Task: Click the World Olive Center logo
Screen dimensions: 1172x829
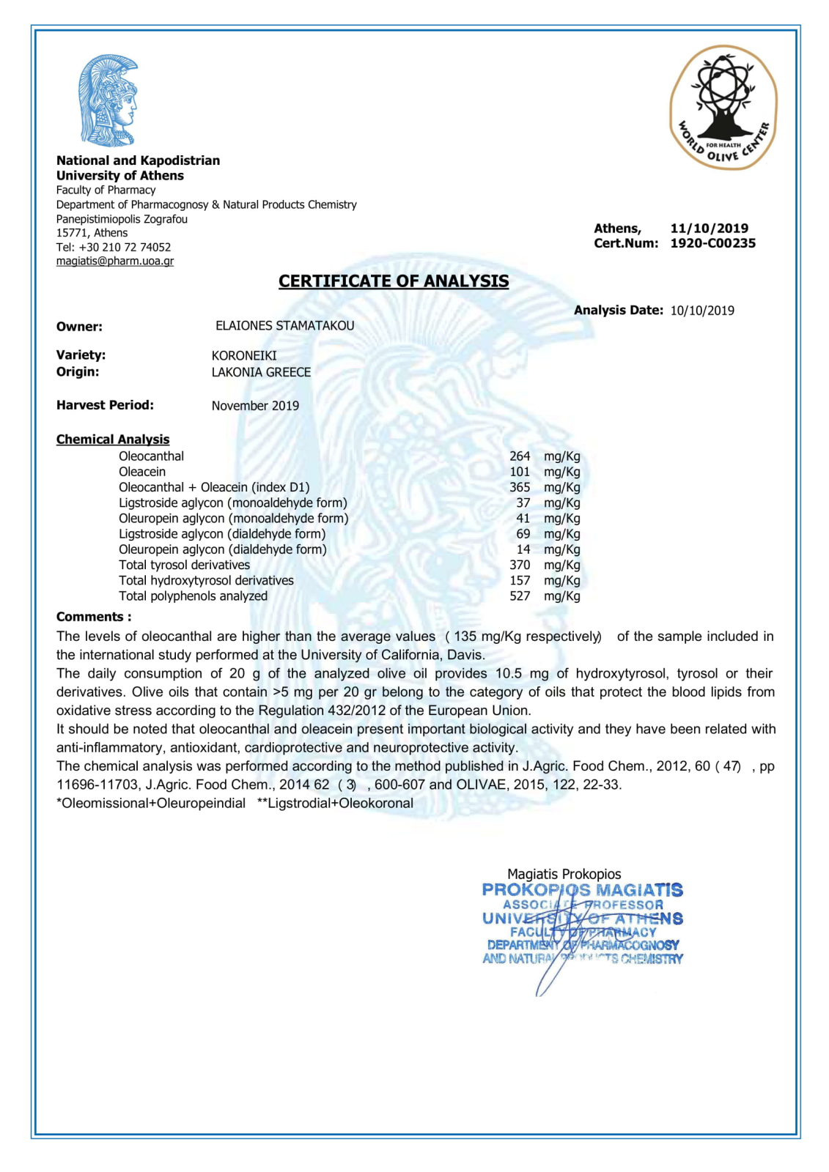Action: (723, 108)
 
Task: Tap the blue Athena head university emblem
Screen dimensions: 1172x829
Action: (109, 100)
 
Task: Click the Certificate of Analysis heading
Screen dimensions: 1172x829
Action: (394, 281)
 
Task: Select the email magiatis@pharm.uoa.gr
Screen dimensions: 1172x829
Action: (115, 261)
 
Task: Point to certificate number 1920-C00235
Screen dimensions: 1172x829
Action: (712, 243)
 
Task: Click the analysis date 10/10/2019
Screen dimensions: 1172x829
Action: (702, 311)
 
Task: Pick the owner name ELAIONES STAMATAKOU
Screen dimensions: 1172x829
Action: (284, 326)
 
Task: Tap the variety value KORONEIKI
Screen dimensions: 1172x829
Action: (244, 355)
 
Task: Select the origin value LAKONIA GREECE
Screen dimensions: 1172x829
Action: (261, 372)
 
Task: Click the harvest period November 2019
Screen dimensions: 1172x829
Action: (255, 406)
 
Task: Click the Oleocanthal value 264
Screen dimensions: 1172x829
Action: (520, 456)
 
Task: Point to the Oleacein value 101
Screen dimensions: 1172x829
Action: (520, 472)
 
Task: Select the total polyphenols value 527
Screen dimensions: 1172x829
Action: (520, 596)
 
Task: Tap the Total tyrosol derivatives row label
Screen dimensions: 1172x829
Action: (184, 565)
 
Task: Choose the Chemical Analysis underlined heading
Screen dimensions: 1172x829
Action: (113, 439)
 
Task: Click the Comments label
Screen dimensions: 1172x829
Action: (94, 617)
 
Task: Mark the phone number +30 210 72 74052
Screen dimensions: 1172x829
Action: (125, 248)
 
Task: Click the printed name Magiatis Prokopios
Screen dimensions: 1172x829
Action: (564, 874)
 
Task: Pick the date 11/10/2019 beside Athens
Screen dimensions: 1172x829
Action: (709, 229)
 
